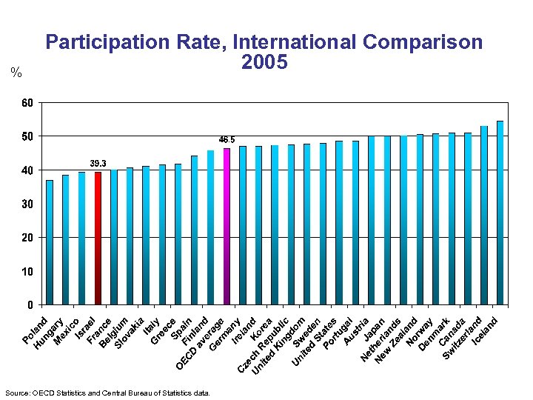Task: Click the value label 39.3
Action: coord(98,164)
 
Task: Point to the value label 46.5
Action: coord(227,139)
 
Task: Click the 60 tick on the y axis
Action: coord(27,103)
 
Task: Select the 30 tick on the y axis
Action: coord(27,204)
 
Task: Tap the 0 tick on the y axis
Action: coord(30,304)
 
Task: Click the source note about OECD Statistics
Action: coord(107,393)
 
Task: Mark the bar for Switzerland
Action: coord(484,216)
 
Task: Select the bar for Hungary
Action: coord(65,240)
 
